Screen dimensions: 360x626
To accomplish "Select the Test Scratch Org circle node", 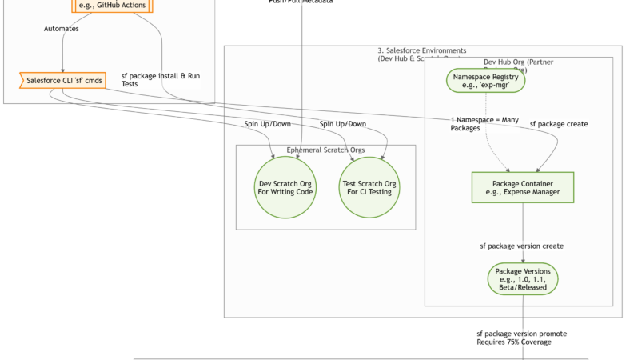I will coord(369,189).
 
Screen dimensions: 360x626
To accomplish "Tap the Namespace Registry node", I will coord(486,81).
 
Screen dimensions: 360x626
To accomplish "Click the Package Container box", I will coord(523,188).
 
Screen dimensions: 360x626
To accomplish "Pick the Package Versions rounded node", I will coord(523,278).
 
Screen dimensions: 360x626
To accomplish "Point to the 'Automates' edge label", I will coord(61,29).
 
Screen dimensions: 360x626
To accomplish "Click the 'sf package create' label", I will coord(558,124).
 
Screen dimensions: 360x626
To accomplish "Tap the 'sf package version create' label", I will coord(521,246).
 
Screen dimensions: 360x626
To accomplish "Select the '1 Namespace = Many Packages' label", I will coord(479,123).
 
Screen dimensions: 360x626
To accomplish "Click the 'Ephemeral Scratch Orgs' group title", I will coord(325,150).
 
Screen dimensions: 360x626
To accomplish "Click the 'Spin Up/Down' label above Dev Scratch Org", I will coord(268,124).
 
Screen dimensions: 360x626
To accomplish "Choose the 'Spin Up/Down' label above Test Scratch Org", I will coord(343,124).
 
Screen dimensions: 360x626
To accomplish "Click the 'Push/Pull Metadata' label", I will coord(301,2).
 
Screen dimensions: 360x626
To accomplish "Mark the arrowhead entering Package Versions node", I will coord(523,260).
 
